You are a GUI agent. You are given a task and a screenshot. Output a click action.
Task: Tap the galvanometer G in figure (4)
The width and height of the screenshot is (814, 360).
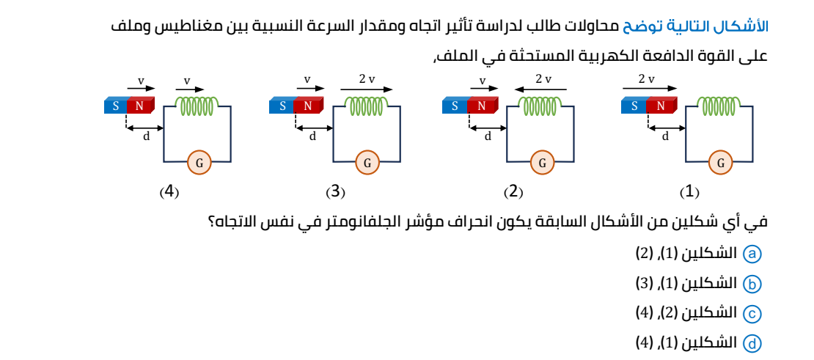click(199, 163)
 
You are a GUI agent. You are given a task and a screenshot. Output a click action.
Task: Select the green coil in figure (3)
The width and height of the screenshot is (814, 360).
click(367, 107)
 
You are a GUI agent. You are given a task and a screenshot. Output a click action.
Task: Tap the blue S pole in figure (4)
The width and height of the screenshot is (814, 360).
click(116, 106)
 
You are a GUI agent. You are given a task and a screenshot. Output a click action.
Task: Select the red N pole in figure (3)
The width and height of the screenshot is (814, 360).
click(308, 106)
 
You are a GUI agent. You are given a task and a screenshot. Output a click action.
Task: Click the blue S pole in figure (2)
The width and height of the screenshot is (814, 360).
click(455, 106)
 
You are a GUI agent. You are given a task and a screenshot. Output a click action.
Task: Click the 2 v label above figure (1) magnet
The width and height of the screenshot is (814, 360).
click(646, 79)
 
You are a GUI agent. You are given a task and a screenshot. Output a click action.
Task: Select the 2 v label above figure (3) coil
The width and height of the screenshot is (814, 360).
click(367, 79)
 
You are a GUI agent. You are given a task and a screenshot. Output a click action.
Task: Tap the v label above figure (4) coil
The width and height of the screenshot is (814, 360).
click(187, 80)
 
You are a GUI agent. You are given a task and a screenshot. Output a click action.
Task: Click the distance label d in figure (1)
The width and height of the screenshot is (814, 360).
click(665, 136)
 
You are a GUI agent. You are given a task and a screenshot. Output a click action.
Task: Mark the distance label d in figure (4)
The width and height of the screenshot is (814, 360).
click(146, 136)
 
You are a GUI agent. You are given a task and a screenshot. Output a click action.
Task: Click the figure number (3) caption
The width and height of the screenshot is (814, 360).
click(335, 192)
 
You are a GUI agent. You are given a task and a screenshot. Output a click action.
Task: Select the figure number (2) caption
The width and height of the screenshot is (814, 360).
click(513, 192)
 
